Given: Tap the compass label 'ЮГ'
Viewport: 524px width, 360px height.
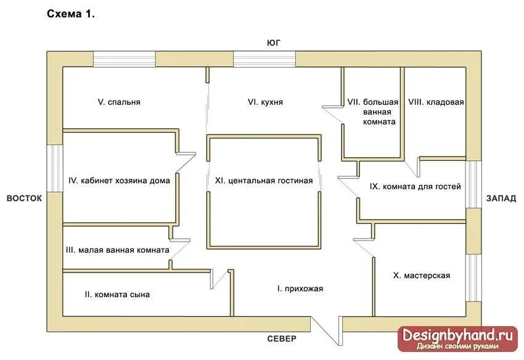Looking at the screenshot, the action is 274,43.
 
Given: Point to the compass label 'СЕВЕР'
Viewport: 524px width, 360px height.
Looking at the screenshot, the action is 282,339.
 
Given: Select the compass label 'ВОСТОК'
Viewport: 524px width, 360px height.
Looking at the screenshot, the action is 24,198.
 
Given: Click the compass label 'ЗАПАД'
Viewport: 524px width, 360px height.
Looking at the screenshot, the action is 501,198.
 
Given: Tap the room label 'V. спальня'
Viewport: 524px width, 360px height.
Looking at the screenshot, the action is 119,102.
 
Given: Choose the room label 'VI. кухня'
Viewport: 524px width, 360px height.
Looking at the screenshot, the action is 265,102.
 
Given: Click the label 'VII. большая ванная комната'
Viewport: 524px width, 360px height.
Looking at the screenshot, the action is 372,112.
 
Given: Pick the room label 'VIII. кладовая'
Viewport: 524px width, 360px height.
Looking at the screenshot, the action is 436,102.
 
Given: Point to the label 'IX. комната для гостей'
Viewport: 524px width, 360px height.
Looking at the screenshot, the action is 415,186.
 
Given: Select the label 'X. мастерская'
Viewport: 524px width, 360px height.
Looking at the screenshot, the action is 421,276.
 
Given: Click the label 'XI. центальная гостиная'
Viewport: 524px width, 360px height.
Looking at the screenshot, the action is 264,181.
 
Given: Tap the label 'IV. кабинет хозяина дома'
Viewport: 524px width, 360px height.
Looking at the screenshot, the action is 119,181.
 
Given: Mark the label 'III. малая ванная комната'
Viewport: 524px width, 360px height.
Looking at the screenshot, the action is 117,250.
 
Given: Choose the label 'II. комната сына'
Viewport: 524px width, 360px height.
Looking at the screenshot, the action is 117,295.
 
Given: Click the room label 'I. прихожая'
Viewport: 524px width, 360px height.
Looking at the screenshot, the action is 300,288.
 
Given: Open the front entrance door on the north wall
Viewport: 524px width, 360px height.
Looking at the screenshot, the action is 326,331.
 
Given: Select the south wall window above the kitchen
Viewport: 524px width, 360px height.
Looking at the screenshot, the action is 264,59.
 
